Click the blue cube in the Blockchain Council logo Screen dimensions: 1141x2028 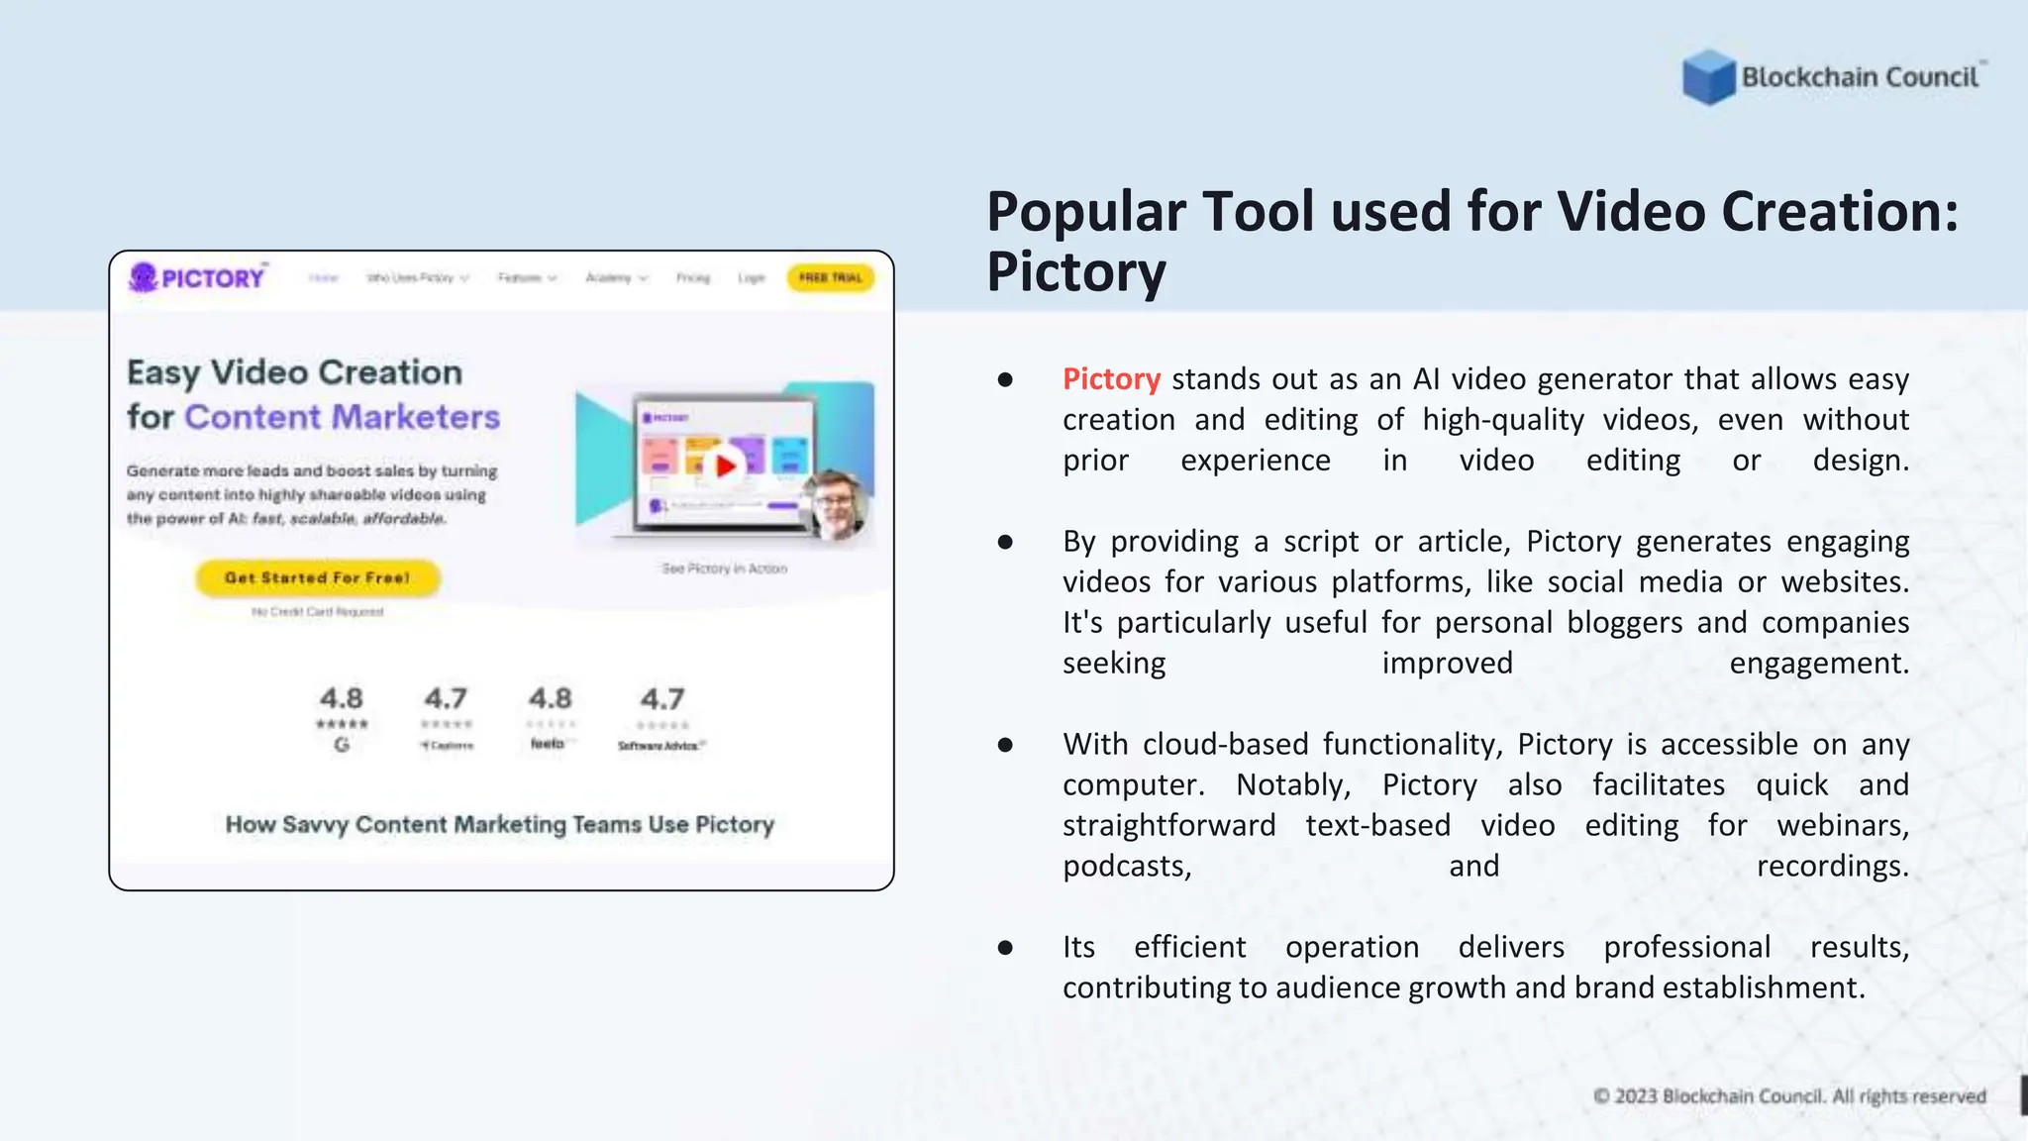click(x=1708, y=77)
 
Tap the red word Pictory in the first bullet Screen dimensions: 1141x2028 click(x=1111, y=379)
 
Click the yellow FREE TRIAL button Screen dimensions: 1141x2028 click(x=830, y=278)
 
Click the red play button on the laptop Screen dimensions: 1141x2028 click(x=726, y=465)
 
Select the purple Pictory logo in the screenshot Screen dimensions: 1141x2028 click(x=197, y=277)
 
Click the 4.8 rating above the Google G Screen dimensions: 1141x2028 click(x=342, y=698)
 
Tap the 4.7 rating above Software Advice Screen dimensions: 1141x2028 click(x=661, y=699)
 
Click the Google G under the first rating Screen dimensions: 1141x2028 click(x=342, y=745)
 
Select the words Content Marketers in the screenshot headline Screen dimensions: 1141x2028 click(x=342, y=417)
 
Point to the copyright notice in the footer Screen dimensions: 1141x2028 click(x=1789, y=1096)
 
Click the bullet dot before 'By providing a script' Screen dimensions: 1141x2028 click(x=1005, y=542)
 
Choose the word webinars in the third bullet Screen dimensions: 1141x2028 click(x=1842, y=825)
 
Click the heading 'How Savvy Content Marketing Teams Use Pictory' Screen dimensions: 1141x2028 click(x=499, y=824)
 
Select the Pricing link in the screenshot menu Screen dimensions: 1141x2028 click(x=693, y=278)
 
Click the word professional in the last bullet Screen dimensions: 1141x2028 click(x=1686, y=947)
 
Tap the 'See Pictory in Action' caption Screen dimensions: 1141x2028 click(x=724, y=569)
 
